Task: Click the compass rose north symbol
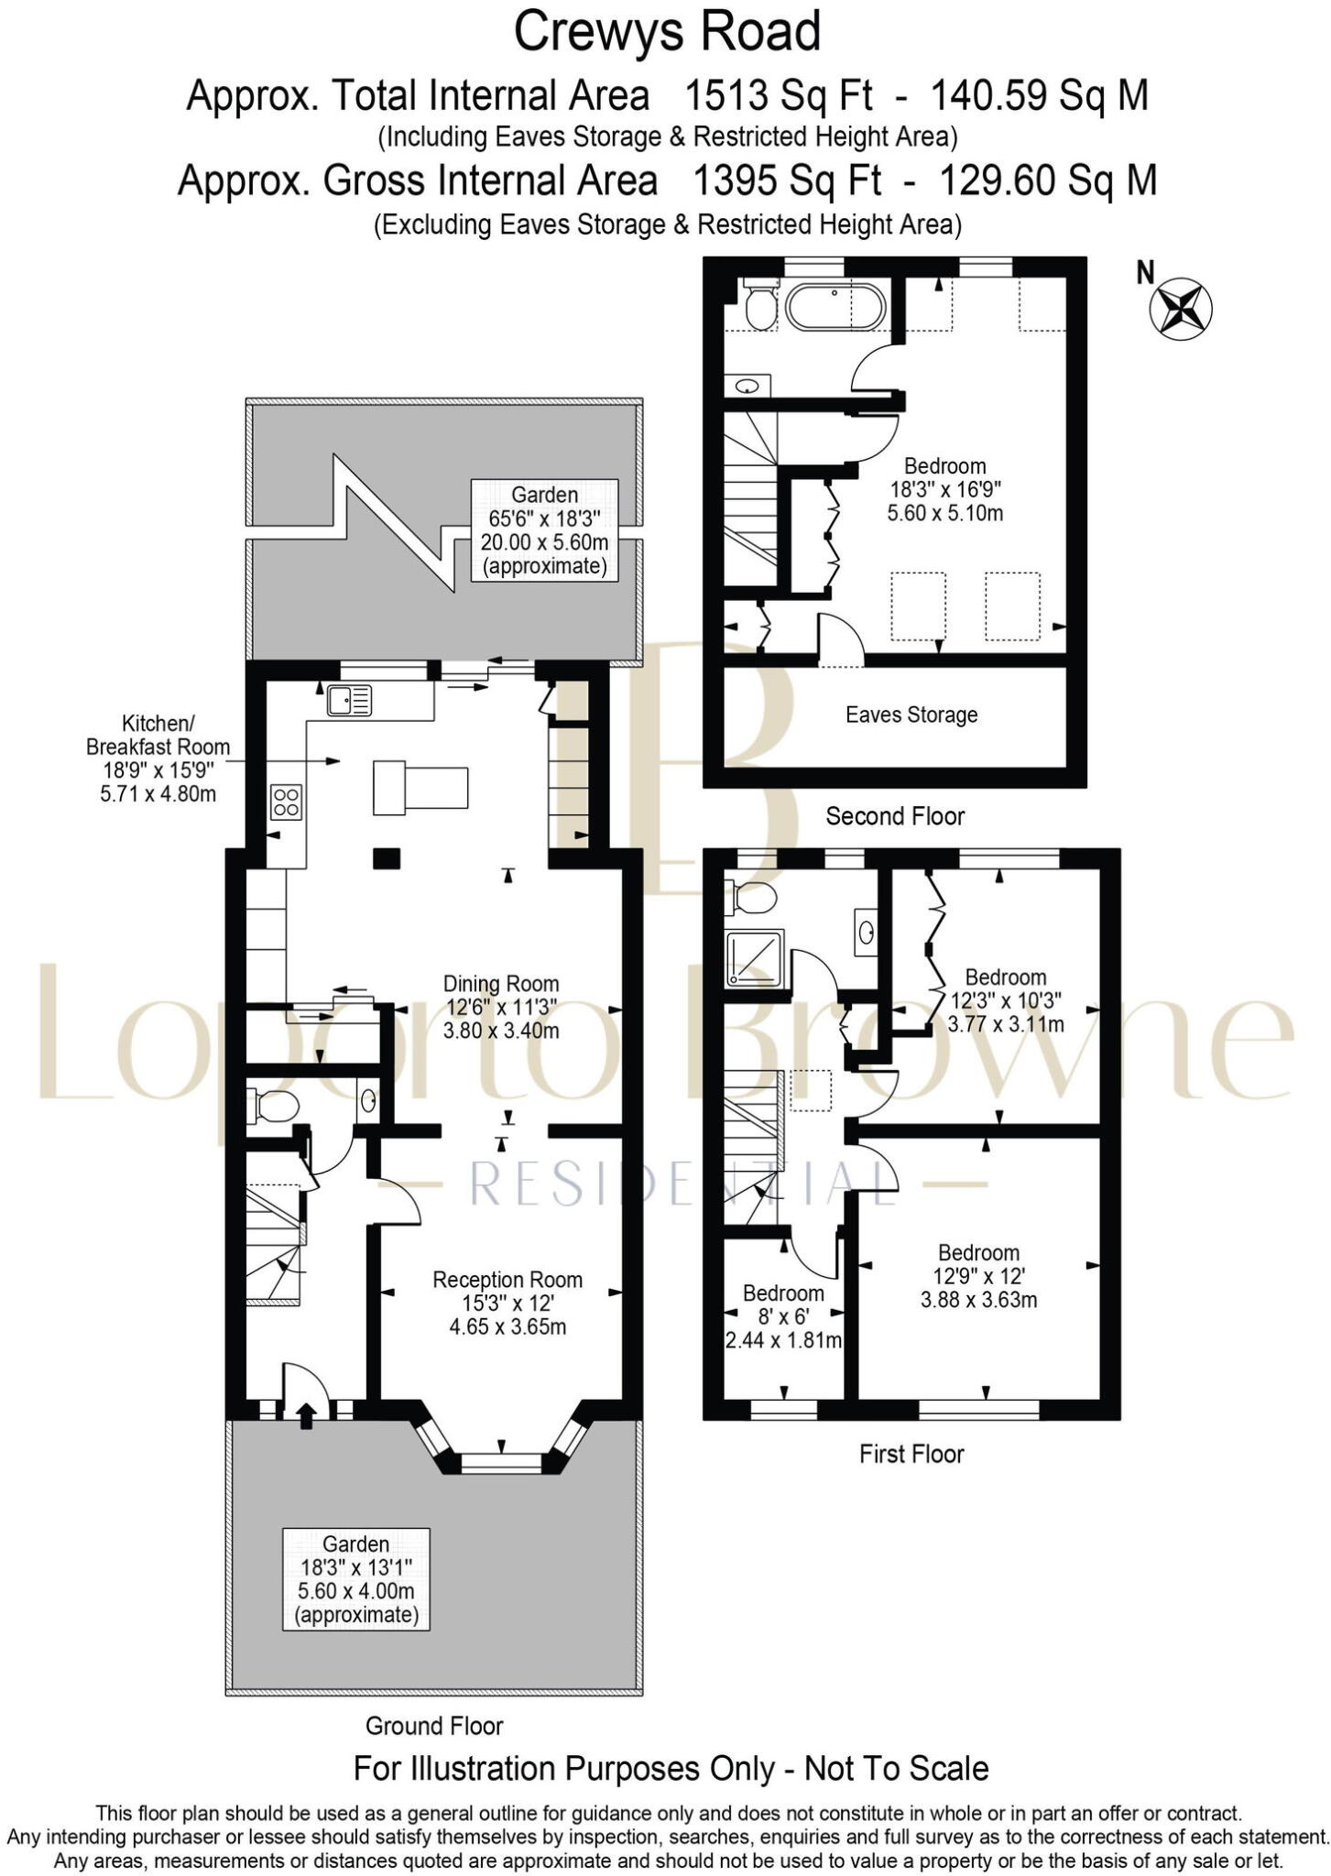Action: click(x=1181, y=308)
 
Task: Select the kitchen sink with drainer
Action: click(x=349, y=701)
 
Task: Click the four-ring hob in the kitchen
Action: click(x=286, y=802)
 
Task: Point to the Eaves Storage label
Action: click(x=911, y=714)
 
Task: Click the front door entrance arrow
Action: click(x=306, y=1416)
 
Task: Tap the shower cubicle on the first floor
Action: click(x=755, y=958)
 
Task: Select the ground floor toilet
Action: click(x=274, y=1106)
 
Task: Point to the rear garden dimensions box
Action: click(x=544, y=530)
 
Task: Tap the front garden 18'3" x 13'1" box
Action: click(x=355, y=1578)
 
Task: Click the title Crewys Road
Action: click(x=666, y=31)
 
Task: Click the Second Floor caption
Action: click(x=894, y=816)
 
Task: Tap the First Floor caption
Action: click(x=911, y=1454)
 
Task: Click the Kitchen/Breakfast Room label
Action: click(x=158, y=758)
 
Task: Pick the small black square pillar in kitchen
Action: click(x=386, y=858)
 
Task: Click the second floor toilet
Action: click(x=759, y=307)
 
